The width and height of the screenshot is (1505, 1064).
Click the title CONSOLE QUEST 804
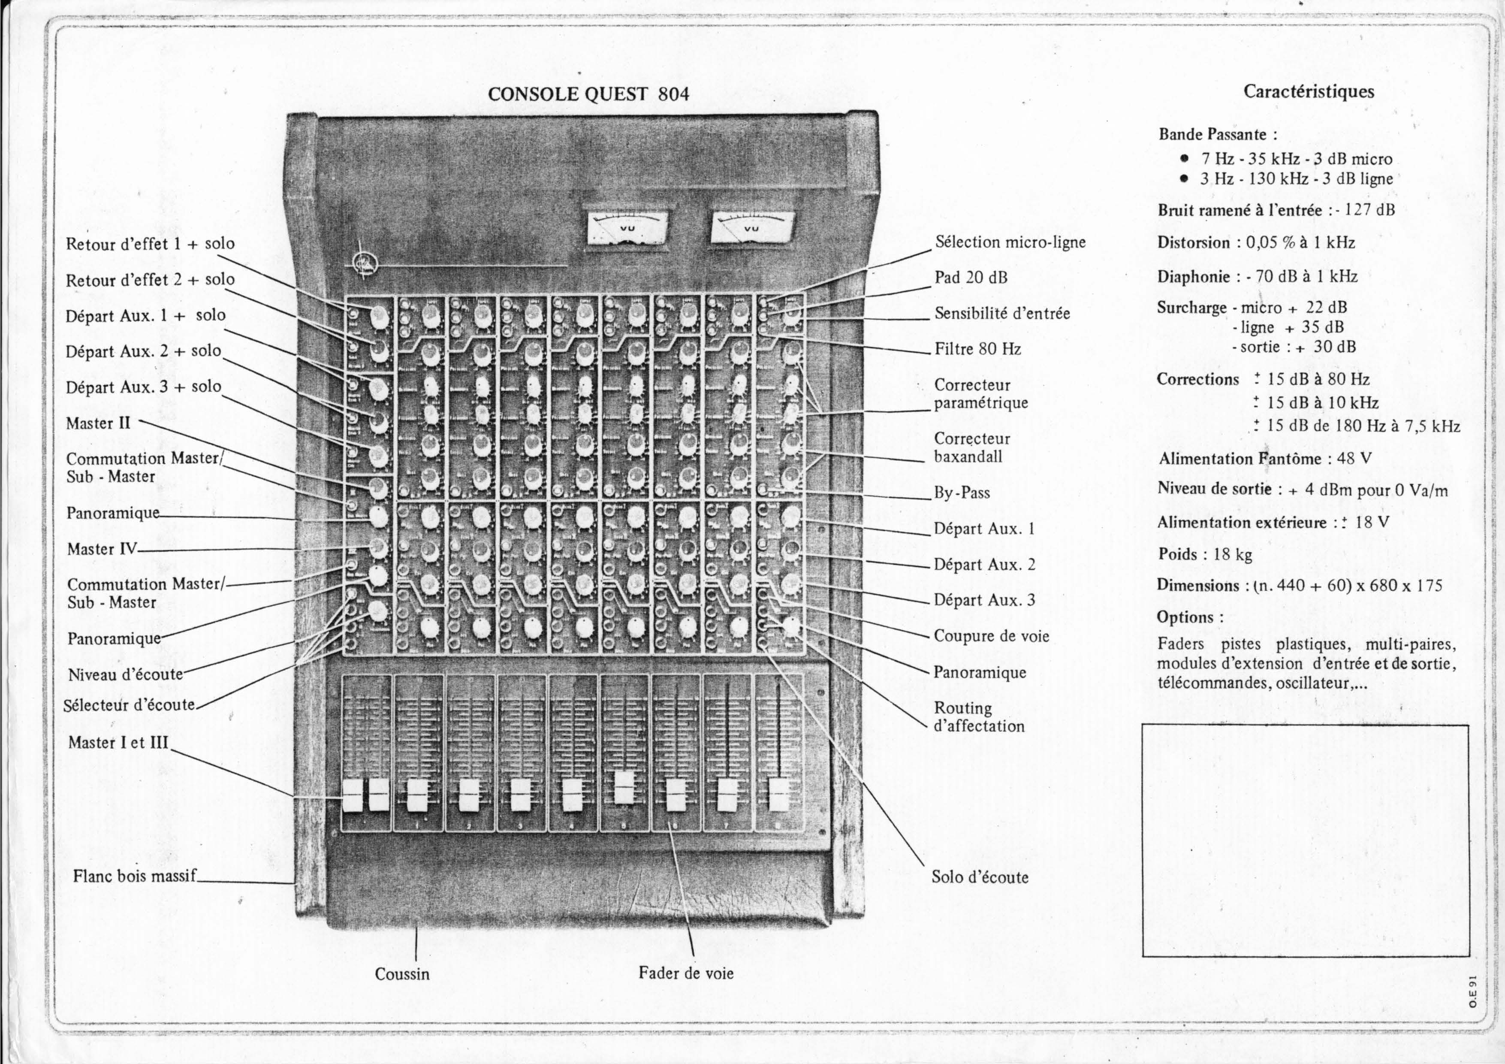588,94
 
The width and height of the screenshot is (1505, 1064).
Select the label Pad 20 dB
971,277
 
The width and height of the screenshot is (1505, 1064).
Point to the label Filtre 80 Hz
977,349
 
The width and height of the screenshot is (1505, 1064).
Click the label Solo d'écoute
980,877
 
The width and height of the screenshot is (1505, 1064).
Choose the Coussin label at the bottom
402,973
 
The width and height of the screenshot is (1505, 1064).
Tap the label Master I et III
118,743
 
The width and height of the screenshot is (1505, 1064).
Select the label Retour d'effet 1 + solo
150,244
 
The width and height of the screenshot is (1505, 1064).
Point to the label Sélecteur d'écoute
129,705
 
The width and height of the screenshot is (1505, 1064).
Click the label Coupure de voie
991,636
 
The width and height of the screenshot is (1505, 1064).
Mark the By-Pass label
962,493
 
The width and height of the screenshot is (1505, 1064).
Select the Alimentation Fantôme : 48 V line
1264,458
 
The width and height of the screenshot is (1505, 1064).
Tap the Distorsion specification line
1256,242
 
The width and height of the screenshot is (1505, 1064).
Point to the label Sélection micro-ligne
1010,242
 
